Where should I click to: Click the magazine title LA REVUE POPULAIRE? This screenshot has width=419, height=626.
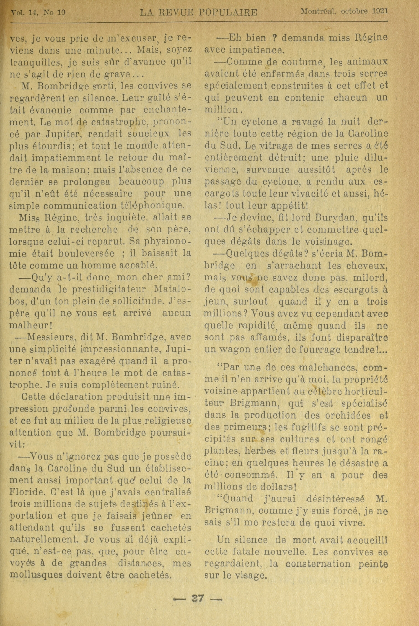click(x=199, y=13)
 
